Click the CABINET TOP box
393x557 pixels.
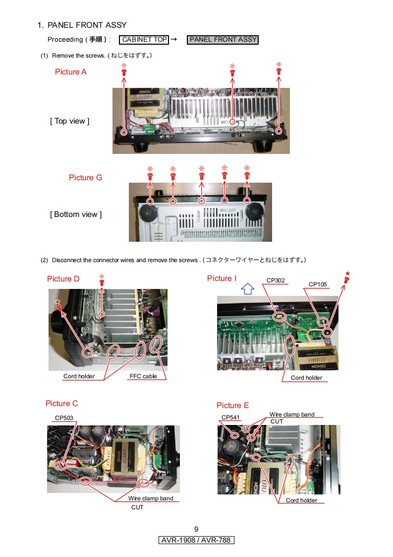[145, 40]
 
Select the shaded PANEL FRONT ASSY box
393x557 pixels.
[223, 40]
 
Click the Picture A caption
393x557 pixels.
[70, 72]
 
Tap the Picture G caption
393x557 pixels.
[85, 177]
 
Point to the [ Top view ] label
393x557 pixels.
[69, 121]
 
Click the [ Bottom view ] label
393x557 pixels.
[75, 214]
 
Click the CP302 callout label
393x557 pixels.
[276, 281]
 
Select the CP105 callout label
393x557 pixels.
[318, 284]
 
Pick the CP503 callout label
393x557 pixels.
[64, 418]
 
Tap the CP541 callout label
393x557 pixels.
[230, 418]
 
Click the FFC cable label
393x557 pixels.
[143, 376]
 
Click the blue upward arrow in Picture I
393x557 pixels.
[247, 288]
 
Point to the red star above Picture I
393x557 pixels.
[347, 274]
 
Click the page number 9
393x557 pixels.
[196, 529]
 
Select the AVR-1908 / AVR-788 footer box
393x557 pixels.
[196, 540]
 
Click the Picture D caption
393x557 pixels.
[63, 279]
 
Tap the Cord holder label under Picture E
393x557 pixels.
[301, 500]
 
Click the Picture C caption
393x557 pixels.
[61, 404]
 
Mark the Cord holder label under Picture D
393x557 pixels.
[79, 376]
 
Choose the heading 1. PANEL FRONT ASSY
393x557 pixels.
[82, 25]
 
